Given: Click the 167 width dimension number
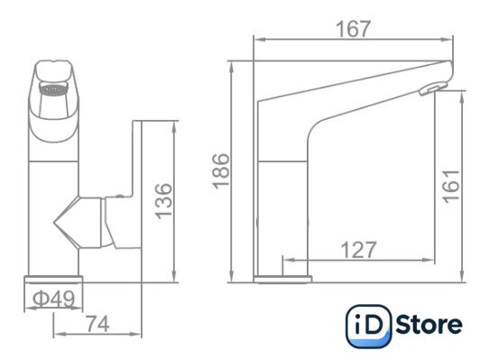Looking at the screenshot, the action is click(354, 29).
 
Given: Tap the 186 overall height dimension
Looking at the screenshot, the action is click(221, 171).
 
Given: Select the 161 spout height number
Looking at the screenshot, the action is click(452, 187).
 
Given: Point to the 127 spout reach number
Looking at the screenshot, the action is click(358, 250).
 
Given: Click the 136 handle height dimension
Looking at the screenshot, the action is click(163, 201).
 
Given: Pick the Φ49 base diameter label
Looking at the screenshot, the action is click(53, 299).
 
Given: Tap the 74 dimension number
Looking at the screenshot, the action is click(97, 324).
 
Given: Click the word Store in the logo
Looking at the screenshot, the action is click(429, 325).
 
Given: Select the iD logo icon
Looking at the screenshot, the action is click(368, 327).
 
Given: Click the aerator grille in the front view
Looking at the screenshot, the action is click(53, 88).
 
